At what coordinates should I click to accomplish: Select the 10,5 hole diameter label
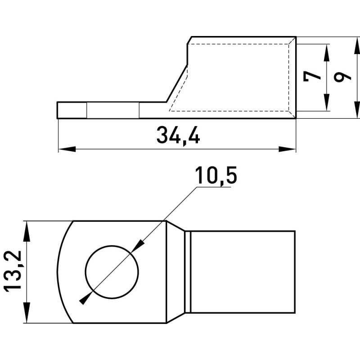coord(216,175)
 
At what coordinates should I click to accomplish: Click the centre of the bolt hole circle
coord(112,272)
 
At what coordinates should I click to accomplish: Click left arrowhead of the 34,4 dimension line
coord(67,149)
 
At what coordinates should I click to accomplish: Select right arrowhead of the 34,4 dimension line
coord(287,149)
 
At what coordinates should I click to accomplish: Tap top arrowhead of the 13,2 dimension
coord(27,230)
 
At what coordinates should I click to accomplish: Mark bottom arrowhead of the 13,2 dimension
coord(27,314)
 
